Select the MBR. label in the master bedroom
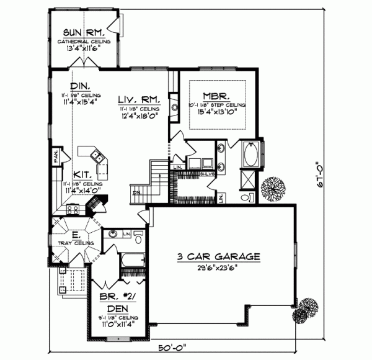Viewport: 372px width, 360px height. pos(217,97)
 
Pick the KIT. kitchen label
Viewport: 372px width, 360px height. pos(83,176)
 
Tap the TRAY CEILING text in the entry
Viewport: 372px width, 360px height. pos(76,243)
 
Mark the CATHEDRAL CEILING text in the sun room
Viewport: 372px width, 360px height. pos(84,42)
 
